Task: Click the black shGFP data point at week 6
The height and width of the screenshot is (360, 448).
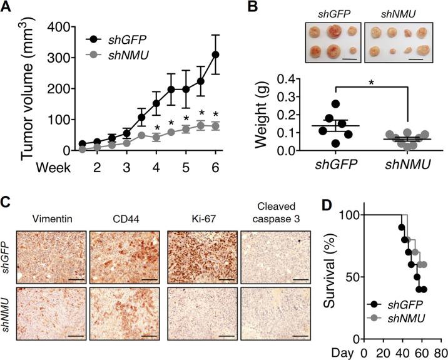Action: pyautogui.click(x=216, y=54)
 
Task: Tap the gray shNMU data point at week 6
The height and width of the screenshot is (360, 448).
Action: pyautogui.click(x=216, y=126)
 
